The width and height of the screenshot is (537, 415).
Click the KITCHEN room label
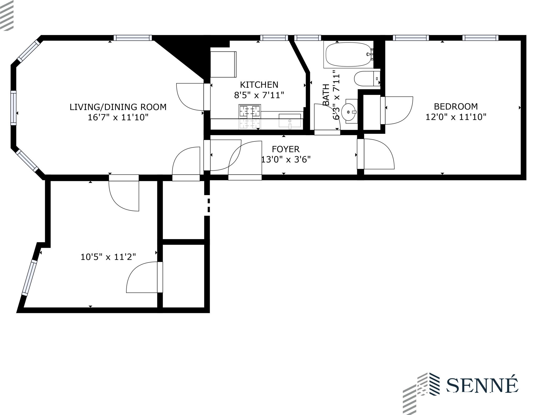click(259, 85)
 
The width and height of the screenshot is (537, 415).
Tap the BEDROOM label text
click(456, 106)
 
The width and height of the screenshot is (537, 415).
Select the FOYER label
click(286, 149)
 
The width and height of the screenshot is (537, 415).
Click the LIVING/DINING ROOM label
click(118, 107)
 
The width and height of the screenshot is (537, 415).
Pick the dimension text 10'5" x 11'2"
click(108, 257)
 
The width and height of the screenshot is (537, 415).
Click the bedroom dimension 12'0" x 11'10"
click(456, 117)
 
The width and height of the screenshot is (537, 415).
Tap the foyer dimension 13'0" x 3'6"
click(286, 159)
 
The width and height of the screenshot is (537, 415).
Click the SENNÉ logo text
click(482, 385)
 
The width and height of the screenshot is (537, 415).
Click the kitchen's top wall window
click(274, 38)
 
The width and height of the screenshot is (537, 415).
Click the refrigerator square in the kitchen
click(223, 64)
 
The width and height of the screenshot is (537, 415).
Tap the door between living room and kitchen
click(207, 97)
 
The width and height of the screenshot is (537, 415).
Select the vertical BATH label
click(326, 95)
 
